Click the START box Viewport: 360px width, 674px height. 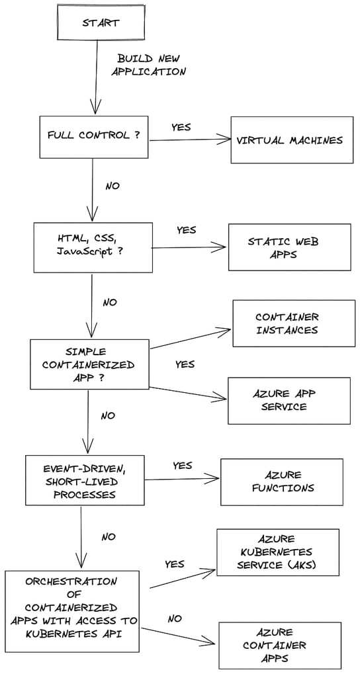pos(100,23)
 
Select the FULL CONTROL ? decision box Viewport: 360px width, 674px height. pos(93,136)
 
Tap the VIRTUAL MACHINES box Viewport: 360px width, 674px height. pos(290,140)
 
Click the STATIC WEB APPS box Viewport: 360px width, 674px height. pos(289,247)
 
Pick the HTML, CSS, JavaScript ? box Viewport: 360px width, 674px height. pos(93,247)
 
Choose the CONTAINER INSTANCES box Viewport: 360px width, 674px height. pos(293,323)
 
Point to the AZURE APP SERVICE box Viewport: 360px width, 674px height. pos(289,400)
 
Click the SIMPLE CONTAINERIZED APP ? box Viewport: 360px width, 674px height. pos(89,364)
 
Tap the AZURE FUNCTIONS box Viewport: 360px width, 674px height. pos(281,482)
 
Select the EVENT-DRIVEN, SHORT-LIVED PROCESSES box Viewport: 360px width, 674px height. pos(85,481)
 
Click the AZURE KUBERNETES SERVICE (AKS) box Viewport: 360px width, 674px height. pos(277,552)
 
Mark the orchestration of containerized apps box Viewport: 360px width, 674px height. pos(72,611)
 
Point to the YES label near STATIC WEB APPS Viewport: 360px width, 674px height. pos(186,230)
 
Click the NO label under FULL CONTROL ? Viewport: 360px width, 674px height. pos(112,186)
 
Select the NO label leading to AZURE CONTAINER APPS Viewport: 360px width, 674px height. pos(175,618)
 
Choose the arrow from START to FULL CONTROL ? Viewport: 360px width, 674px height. pos(97,76)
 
